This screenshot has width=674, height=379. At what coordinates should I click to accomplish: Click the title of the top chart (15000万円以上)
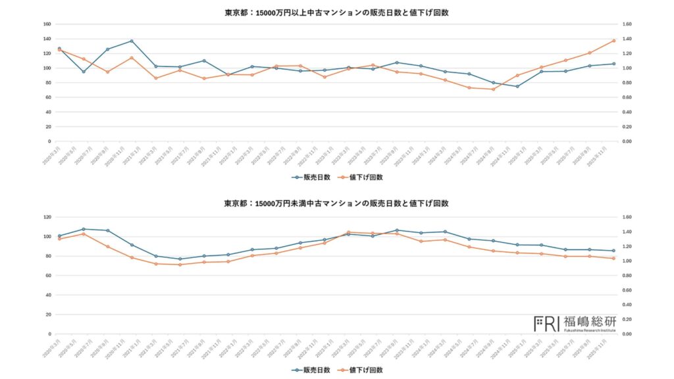[x=336, y=13]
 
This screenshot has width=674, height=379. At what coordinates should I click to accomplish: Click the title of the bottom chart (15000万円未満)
[x=336, y=203]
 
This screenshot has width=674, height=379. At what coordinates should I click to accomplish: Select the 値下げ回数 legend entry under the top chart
[x=361, y=177]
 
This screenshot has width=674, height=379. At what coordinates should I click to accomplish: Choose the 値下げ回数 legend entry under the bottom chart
[x=361, y=370]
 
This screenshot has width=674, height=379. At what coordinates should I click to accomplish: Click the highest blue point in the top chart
[x=132, y=41]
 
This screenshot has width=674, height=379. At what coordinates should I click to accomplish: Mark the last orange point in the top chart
[x=613, y=40]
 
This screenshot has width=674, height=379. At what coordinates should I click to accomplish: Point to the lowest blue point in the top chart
[x=517, y=86]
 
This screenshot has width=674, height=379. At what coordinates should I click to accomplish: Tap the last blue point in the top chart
[x=613, y=64]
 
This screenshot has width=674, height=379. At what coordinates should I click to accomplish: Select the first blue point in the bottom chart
[x=59, y=236]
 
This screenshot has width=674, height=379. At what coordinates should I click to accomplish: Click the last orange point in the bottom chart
[x=613, y=258]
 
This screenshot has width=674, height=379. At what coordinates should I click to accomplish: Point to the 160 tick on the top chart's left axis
[x=46, y=24]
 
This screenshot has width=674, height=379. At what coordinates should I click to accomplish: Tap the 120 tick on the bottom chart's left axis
[x=46, y=217]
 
